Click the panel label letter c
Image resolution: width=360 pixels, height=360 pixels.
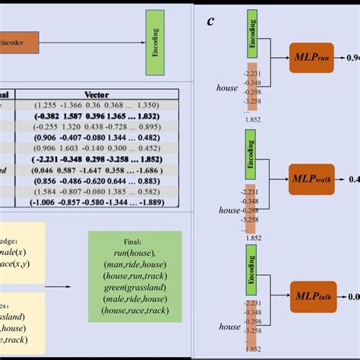tap(211, 21)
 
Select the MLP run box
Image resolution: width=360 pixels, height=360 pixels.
tap(312, 57)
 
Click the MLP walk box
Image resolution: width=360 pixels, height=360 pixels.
tap(312, 180)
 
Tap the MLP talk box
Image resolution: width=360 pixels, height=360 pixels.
tap(312, 297)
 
